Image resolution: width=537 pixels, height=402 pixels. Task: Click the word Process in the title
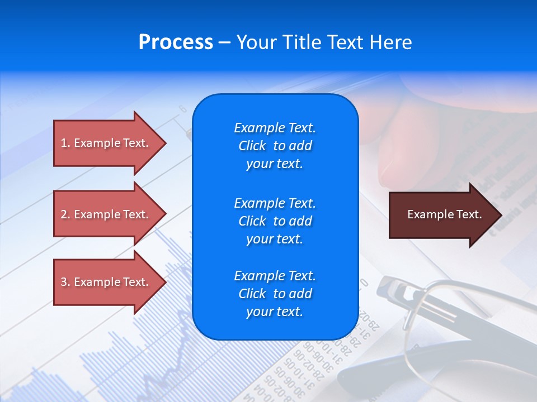pyautogui.click(x=176, y=42)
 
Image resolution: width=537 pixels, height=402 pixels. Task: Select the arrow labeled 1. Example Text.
pyautogui.click(x=106, y=143)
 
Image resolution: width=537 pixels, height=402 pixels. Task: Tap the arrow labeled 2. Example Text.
pyautogui.click(x=106, y=214)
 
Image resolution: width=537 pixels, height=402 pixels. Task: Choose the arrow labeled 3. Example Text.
pyautogui.click(x=106, y=282)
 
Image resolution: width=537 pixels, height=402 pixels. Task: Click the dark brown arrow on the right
pyautogui.click(x=442, y=215)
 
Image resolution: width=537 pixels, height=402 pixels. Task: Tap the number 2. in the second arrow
pyautogui.click(x=65, y=214)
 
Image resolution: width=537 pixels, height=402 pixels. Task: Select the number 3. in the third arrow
pyautogui.click(x=65, y=282)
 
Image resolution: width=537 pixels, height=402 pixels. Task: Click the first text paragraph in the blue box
pyautogui.click(x=275, y=146)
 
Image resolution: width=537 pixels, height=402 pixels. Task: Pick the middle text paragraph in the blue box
pyautogui.click(x=275, y=221)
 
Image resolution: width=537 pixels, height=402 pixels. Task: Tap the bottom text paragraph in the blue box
pyautogui.click(x=275, y=294)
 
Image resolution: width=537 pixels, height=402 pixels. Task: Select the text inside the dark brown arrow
pyautogui.click(x=444, y=214)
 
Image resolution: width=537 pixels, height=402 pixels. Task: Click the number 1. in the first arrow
pyautogui.click(x=65, y=143)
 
